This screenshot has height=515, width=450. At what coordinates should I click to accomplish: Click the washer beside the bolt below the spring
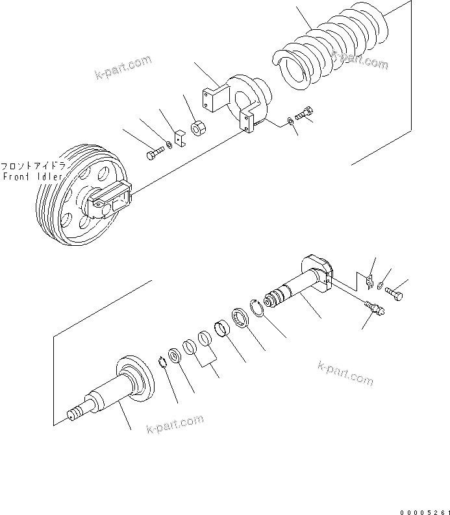click(x=289, y=121)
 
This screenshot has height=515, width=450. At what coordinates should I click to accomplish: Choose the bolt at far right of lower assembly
click(x=395, y=296)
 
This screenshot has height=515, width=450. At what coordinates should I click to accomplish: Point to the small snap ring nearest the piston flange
click(x=162, y=363)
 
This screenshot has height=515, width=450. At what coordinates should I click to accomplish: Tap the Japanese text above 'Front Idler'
click(x=32, y=166)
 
